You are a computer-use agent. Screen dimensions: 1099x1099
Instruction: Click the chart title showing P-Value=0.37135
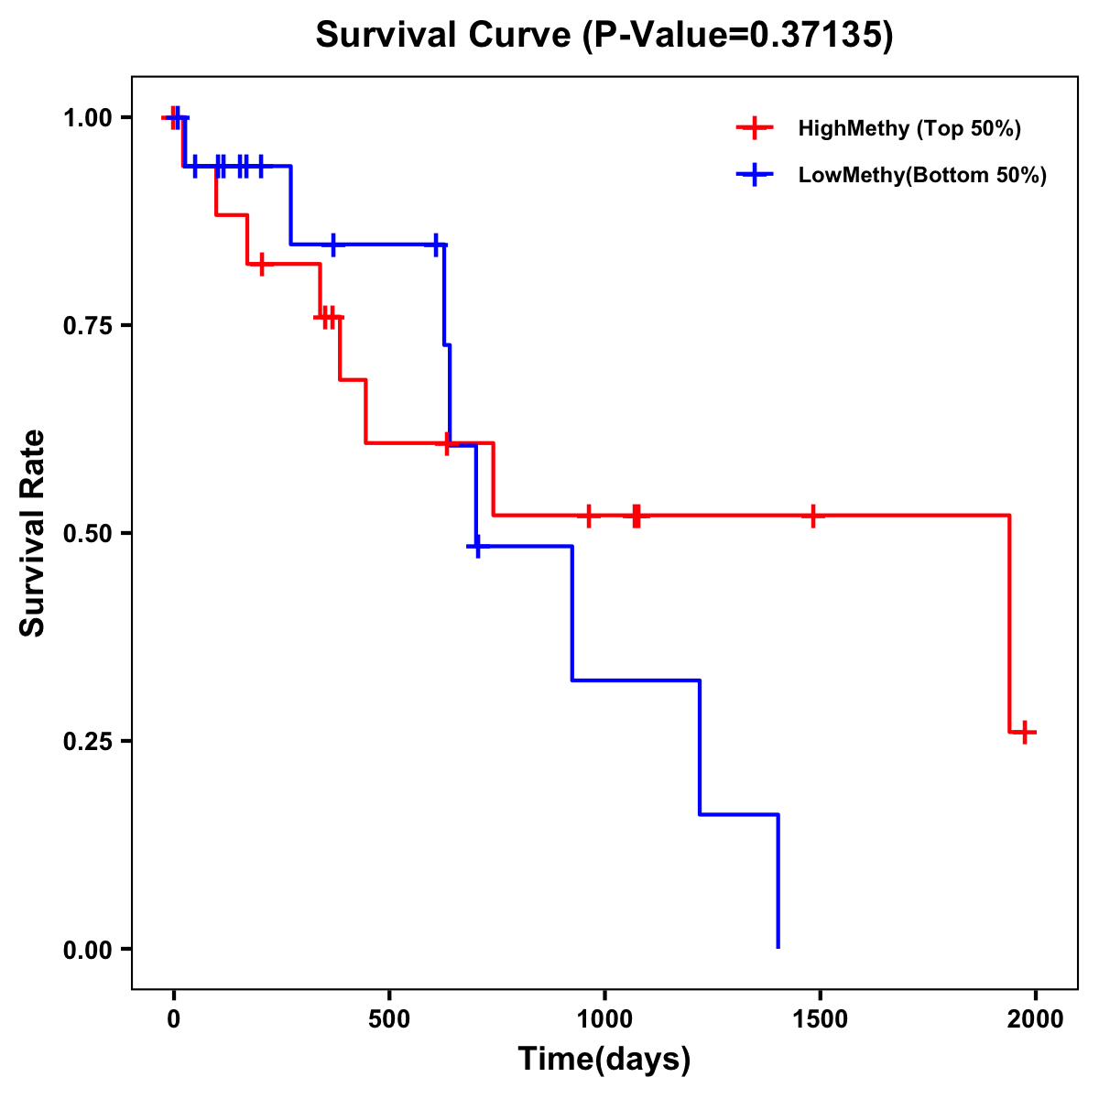click(x=604, y=35)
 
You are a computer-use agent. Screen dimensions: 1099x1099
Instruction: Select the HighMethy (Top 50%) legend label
click(x=909, y=128)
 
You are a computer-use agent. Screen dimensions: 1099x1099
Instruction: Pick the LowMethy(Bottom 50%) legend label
click(x=922, y=175)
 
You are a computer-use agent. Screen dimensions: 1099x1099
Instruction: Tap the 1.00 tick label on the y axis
click(x=87, y=117)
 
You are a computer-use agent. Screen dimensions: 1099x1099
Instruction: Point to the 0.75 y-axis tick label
click(x=87, y=325)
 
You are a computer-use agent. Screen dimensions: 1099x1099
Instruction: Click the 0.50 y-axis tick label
click(x=87, y=533)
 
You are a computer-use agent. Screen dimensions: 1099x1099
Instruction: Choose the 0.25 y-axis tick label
click(x=87, y=741)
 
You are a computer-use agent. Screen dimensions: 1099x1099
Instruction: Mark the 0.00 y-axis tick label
click(x=87, y=949)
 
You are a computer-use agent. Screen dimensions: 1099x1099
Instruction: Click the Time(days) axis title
click(x=604, y=1060)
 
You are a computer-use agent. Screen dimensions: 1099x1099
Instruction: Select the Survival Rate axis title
click(x=33, y=533)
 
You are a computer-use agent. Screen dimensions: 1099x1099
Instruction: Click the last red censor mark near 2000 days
click(x=1025, y=732)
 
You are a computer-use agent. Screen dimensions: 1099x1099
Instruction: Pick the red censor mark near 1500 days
click(x=812, y=516)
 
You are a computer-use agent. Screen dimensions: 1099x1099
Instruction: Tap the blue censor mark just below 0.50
click(x=476, y=547)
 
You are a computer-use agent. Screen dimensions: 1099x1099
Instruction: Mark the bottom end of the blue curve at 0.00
click(x=778, y=946)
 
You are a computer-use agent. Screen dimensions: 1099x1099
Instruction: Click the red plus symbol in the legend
click(x=754, y=128)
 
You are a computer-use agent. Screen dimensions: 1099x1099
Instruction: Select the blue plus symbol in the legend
click(x=754, y=175)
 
